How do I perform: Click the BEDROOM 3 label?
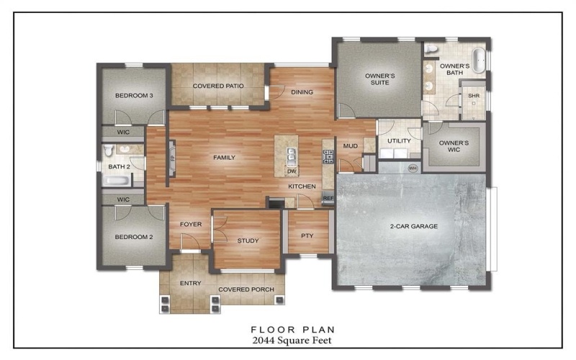[132, 96]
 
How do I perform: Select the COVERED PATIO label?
[218, 86]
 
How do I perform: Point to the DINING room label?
[302, 92]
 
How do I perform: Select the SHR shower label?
[474, 96]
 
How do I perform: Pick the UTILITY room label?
[398, 140]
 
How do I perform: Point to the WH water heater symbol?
[413, 168]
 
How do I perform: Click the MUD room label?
[350, 146]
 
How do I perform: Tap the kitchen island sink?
[291, 153]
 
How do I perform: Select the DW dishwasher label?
[292, 171]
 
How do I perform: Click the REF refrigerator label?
[328, 198]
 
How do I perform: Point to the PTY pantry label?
[307, 234]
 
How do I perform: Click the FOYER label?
[190, 224]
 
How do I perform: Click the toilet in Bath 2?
[109, 150]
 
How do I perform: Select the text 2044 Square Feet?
[287, 339]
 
